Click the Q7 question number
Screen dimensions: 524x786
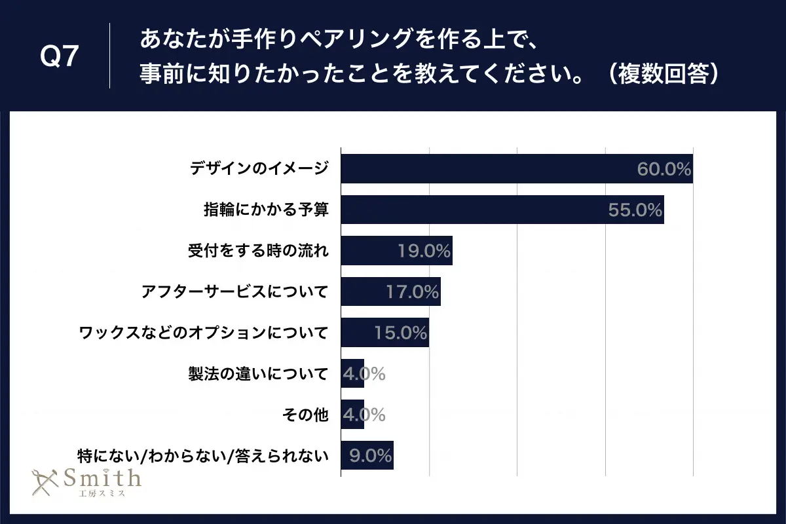tap(60, 57)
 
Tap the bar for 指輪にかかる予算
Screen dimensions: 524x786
tap(472, 210)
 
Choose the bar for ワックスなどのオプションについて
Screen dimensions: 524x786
tap(357, 333)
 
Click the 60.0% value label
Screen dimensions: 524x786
tap(664, 170)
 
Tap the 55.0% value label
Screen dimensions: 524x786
tap(635, 210)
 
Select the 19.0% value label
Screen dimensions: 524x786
tap(424, 251)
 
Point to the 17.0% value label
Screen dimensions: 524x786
tap(412, 292)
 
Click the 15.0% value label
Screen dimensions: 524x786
tap(400, 333)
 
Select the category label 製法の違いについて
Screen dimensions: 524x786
tap(257, 374)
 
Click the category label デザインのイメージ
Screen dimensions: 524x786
tap(258, 170)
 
